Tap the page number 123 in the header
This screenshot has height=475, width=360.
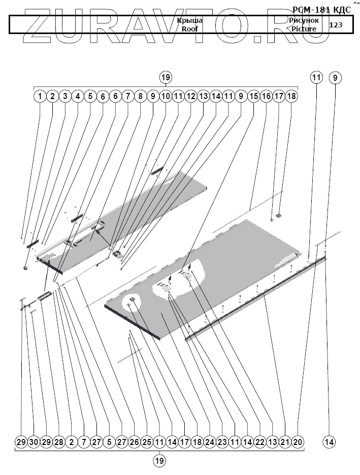pos(336,24)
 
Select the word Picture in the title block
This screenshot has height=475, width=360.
pos(304,29)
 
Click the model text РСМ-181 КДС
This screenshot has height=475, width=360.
pos(322,9)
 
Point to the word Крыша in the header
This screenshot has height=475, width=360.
pos(190,20)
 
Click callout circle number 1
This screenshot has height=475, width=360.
pos(40,96)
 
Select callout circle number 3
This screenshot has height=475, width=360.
pos(64,96)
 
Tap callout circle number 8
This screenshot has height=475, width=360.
pos(140,96)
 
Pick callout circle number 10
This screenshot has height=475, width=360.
pos(166,96)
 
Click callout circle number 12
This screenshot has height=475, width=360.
pos(190,96)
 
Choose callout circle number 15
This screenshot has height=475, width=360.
pos(253,96)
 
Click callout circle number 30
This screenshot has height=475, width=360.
pos(34,442)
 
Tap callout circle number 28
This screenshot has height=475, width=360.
pos(59,442)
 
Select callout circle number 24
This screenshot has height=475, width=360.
pos(210,442)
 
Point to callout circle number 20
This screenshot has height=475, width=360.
pos(298,442)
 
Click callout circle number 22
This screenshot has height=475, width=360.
pos(260,442)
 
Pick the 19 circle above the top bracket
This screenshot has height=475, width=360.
pos(166,77)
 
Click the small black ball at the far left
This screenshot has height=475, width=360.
pos(25,267)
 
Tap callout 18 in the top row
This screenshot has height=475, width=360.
pos(291,96)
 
